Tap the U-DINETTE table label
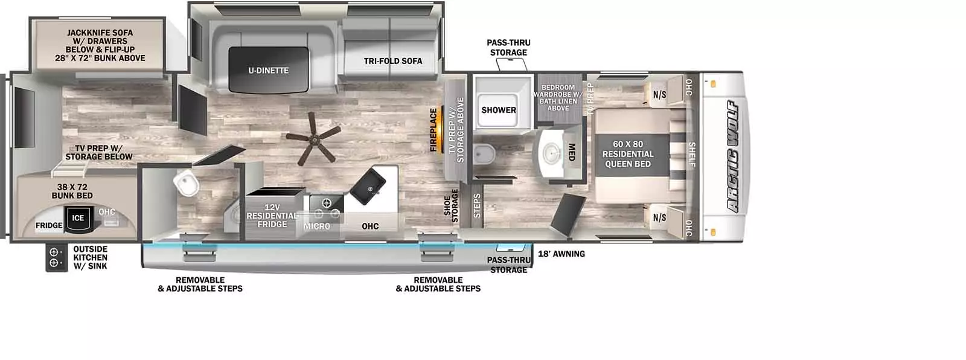click(x=268, y=70)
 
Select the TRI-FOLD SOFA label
click(x=393, y=61)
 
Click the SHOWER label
click(x=499, y=110)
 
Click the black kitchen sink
click(x=368, y=186)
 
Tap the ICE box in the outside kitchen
click(x=78, y=219)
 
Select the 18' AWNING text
click(x=561, y=254)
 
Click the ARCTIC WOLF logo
click(x=733, y=156)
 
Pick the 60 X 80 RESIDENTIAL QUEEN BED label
click(x=628, y=154)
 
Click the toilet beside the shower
click(x=484, y=154)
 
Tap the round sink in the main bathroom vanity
click(x=552, y=153)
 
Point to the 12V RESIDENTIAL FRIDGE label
click(x=272, y=216)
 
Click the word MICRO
click(x=317, y=226)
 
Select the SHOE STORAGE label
click(x=451, y=206)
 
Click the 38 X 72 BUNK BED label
click(x=72, y=191)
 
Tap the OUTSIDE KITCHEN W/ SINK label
click(x=90, y=258)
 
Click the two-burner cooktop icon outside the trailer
click(x=57, y=258)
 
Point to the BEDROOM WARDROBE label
click(x=558, y=98)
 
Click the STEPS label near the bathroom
click(x=477, y=205)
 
